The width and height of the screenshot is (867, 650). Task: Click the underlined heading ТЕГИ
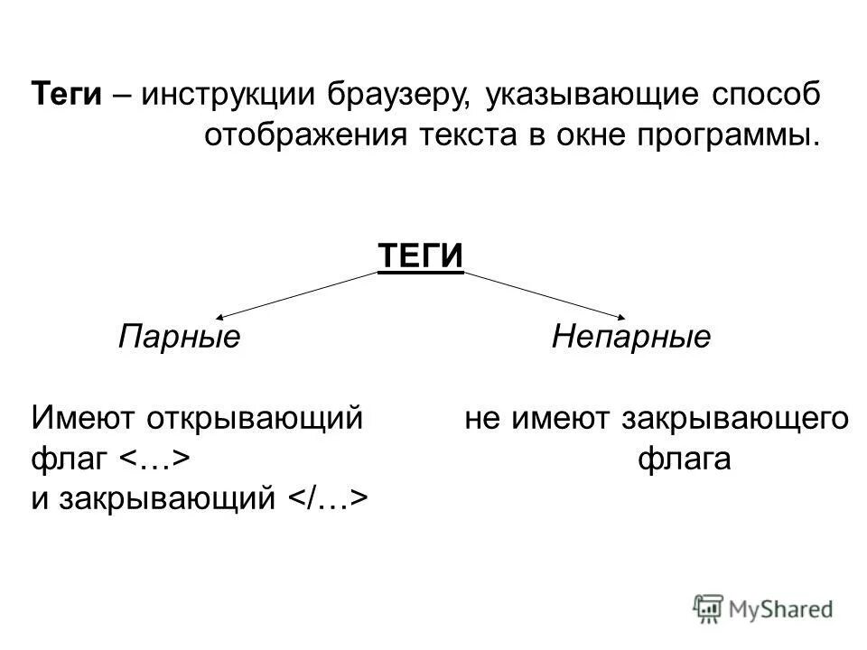(420, 255)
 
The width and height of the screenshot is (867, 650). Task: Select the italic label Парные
(179, 339)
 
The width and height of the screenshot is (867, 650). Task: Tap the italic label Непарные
(630, 339)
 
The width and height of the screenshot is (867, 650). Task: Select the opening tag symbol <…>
(154, 460)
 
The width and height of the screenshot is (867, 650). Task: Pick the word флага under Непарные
(684, 460)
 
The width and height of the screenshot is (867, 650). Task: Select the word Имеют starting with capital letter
(76, 418)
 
